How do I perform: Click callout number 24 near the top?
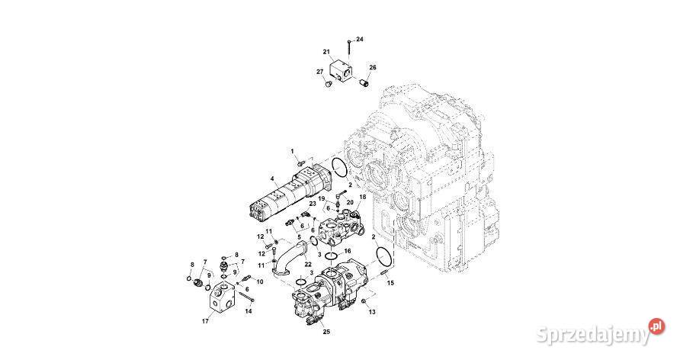pyautogui.click(x=361, y=39)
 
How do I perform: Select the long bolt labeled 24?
pyautogui.click(x=348, y=51)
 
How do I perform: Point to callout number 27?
pyautogui.click(x=320, y=72)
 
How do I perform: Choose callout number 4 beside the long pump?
pyautogui.click(x=271, y=180)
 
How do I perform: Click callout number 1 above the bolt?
pyautogui.click(x=291, y=152)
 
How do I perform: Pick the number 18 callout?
pyautogui.click(x=363, y=197)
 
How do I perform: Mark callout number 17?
pyautogui.click(x=205, y=321)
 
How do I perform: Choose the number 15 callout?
pyautogui.click(x=391, y=283)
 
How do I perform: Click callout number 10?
pyautogui.click(x=259, y=282)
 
